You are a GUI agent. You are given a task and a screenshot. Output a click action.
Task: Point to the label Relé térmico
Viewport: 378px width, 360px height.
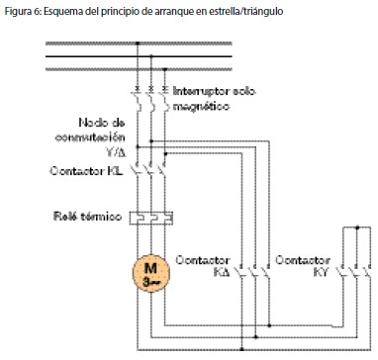coord(84,214)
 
